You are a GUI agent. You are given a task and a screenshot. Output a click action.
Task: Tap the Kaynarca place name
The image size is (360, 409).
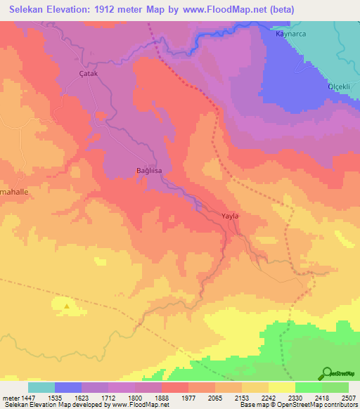coord(292,34)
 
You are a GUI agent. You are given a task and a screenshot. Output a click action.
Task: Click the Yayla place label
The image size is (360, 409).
coord(231,216)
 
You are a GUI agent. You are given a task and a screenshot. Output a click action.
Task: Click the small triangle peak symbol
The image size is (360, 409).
coord(67,306)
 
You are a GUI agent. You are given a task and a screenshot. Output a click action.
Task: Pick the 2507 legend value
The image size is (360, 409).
coord(349,398)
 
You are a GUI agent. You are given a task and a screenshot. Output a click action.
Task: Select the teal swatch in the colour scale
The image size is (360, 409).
coord(41,387)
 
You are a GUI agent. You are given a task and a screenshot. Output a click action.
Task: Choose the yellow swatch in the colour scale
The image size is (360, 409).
coord(281,387)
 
